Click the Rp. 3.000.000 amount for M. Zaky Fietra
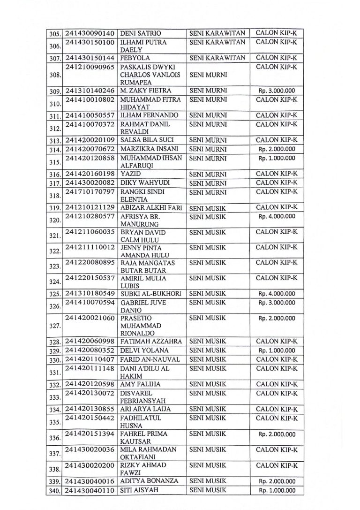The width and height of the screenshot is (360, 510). click(277, 91)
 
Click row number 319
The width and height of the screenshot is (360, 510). click(55, 208)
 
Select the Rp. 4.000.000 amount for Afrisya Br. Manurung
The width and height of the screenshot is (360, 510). click(277, 216)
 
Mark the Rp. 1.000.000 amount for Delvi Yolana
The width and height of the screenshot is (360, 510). click(277, 350)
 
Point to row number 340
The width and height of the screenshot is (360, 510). click(55, 491)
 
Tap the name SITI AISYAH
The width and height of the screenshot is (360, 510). click(140, 490)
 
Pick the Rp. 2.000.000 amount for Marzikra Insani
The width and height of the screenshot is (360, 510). click(277, 149)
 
